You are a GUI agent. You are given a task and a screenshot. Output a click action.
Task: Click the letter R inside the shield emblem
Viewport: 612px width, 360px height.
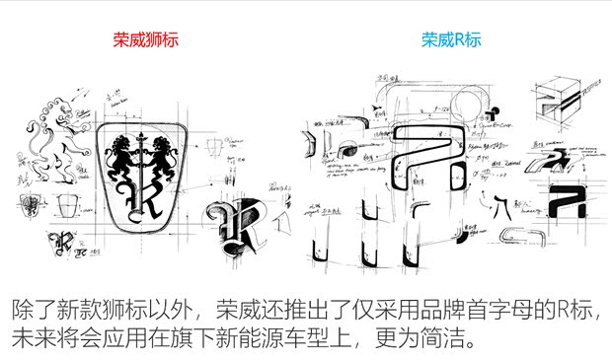pyautogui.click(x=142, y=197)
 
